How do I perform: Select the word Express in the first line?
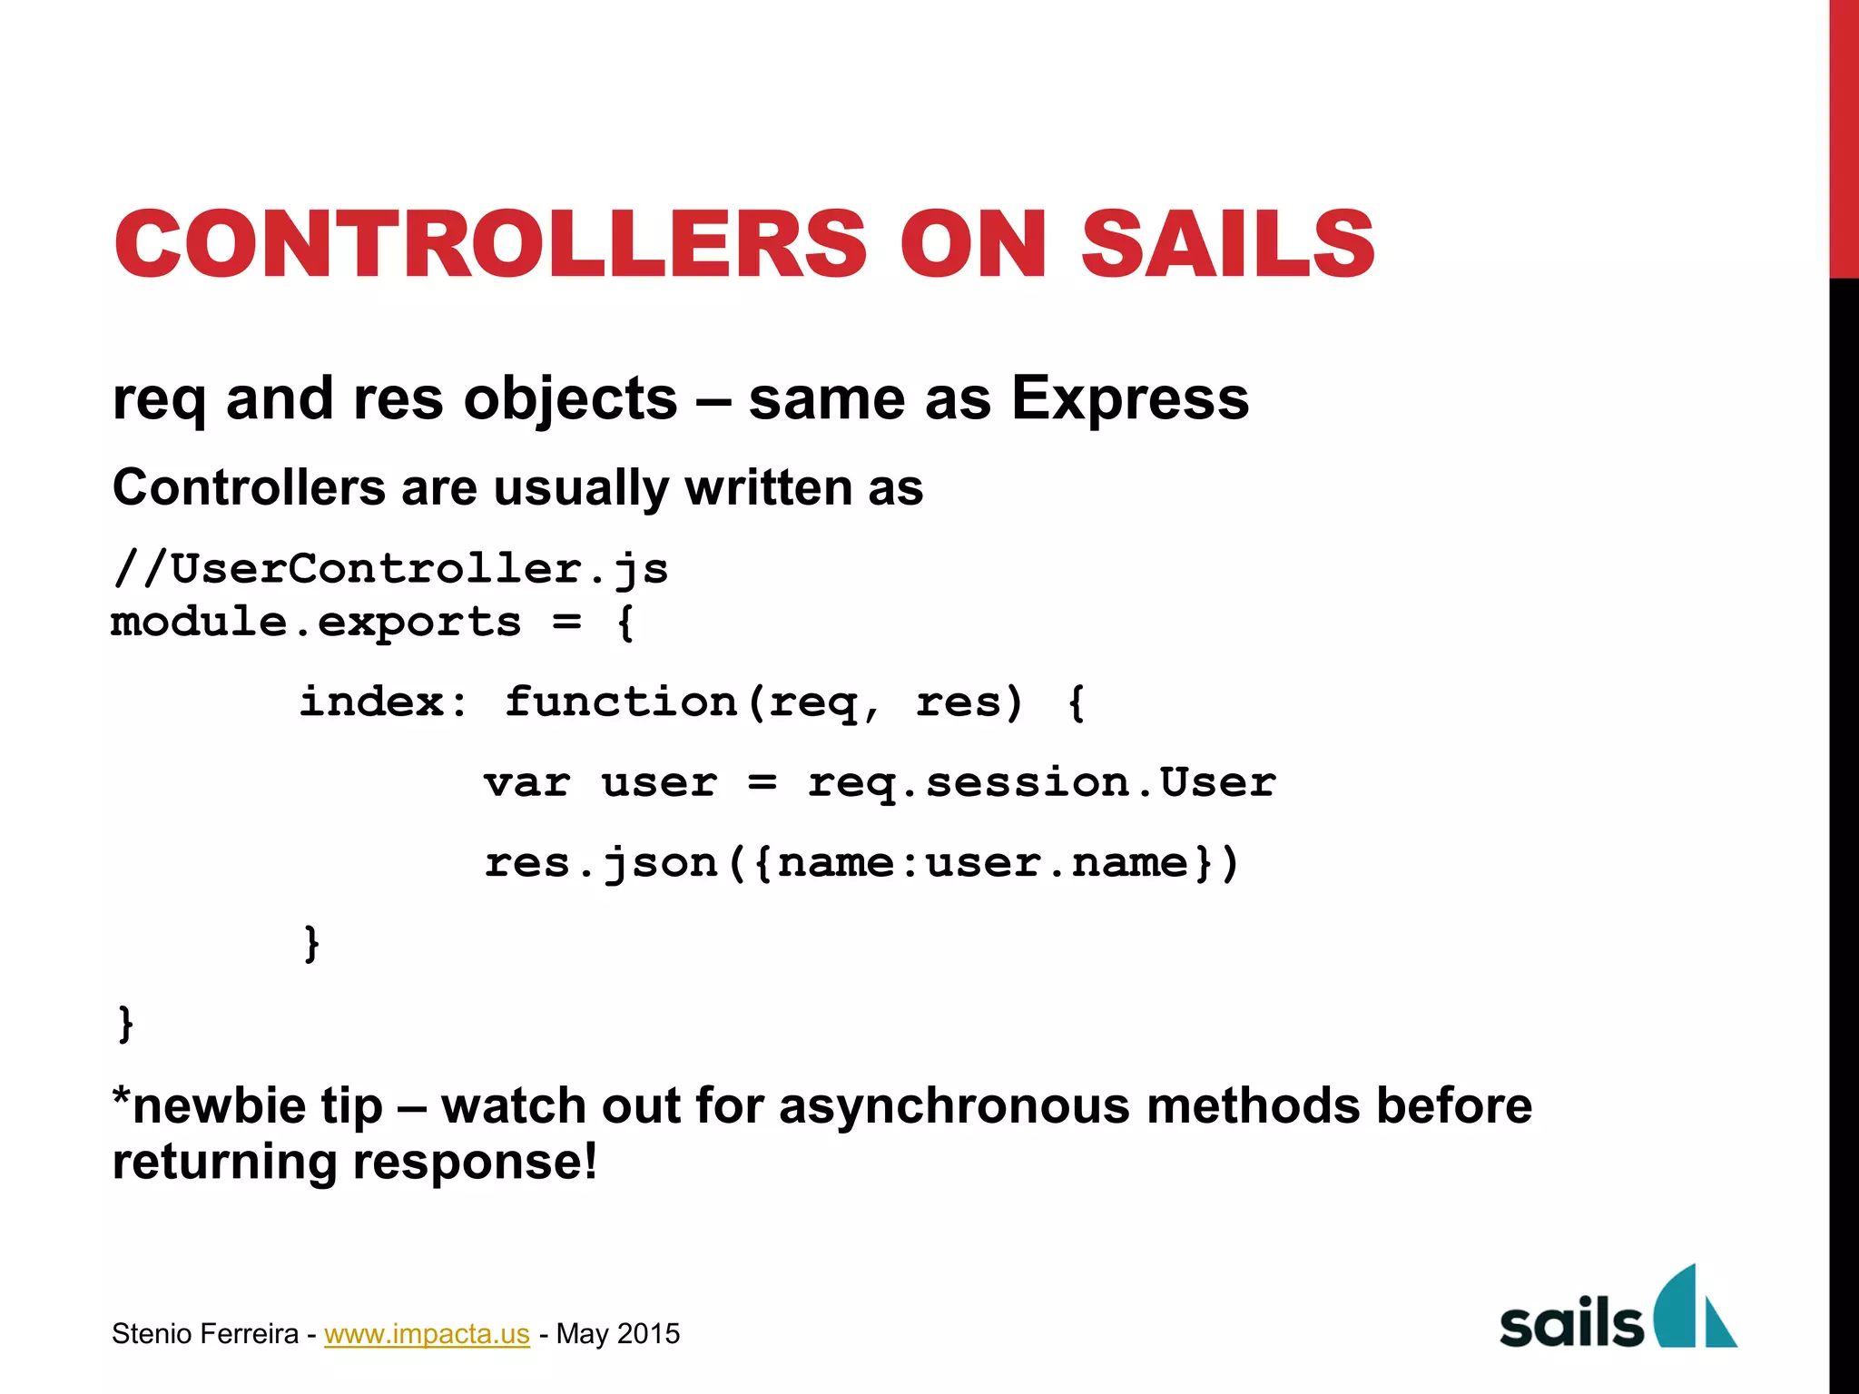(1130, 398)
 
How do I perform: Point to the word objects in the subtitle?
(570, 398)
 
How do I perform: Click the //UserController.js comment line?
(390, 570)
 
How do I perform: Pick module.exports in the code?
(316, 623)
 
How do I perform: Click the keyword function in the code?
(621, 702)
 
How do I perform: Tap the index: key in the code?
(383, 702)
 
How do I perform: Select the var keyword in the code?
(526, 782)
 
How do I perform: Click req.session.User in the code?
(1041, 782)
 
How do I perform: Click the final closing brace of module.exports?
(126, 1024)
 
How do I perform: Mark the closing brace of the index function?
(311, 943)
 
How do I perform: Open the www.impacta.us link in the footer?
(427, 1333)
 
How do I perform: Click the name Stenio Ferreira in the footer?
(205, 1333)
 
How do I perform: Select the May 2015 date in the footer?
(618, 1333)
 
